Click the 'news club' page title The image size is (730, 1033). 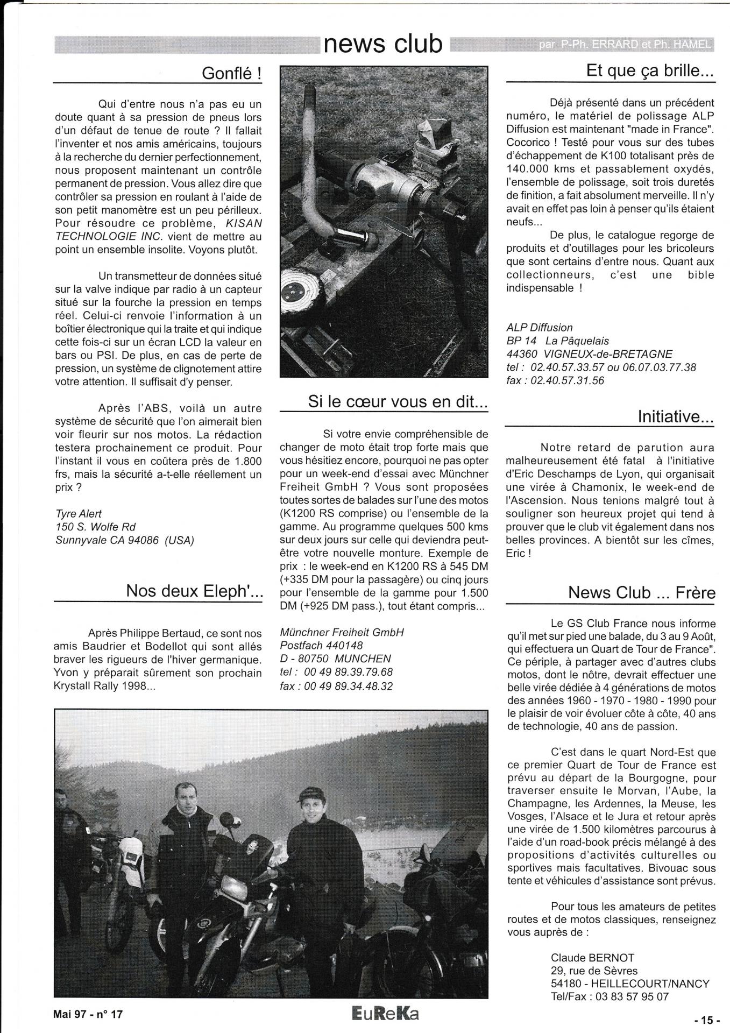pyautogui.click(x=384, y=45)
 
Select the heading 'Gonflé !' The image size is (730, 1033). pyautogui.click(x=231, y=74)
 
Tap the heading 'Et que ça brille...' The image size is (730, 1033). pyautogui.click(x=650, y=72)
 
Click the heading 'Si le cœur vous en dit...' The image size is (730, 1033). pyautogui.click(x=398, y=401)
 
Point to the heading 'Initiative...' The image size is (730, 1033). pyautogui.click(x=676, y=416)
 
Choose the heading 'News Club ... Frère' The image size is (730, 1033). pyautogui.click(x=641, y=592)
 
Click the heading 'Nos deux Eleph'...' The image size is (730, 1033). pyautogui.click(x=194, y=591)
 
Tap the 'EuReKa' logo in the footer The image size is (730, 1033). pyautogui.click(x=384, y=1014)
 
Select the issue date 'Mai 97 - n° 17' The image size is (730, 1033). pyautogui.click(x=88, y=1014)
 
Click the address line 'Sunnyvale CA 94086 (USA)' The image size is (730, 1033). pyautogui.click(x=124, y=540)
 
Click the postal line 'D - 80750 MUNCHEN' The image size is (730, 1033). pyautogui.click(x=335, y=659)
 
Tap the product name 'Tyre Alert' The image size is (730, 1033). pyautogui.click(x=79, y=513)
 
